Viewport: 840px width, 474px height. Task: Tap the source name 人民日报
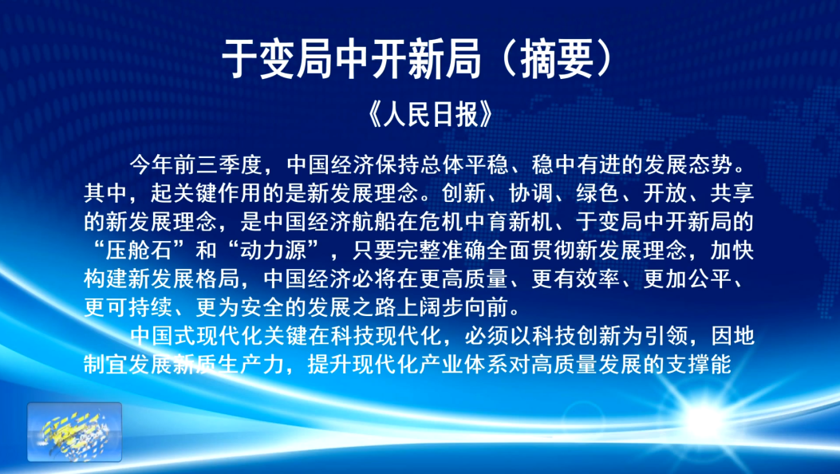pyautogui.click(x=430, y=113)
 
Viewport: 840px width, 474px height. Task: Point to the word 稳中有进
pyautogui.click(x=575, y=164)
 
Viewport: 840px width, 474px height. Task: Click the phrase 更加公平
pyautogui.click(x=687, y=278)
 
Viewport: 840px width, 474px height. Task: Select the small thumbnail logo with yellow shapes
pyautogui.click(x=74, y=432)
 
